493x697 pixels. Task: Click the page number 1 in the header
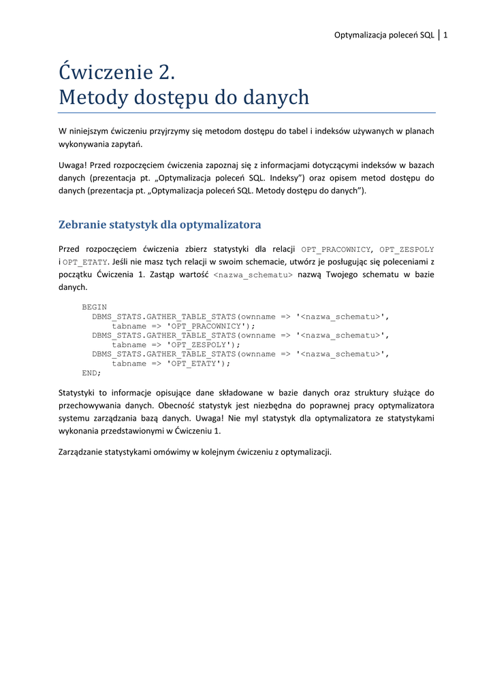coord(445,35)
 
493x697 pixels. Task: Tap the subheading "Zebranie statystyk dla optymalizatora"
coord(160,225)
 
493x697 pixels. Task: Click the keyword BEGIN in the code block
coord(94,307)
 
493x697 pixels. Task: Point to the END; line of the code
coord(91,372)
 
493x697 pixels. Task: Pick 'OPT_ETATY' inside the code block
coord(194,363)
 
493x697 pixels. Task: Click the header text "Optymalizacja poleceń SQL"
coord(384,35)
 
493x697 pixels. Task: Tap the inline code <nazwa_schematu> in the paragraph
coord(253,275)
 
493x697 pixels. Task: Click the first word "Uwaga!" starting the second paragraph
coord(72,165)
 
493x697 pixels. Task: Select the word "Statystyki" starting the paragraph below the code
coord(78,393)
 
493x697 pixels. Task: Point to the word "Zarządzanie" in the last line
coord(82,451)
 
